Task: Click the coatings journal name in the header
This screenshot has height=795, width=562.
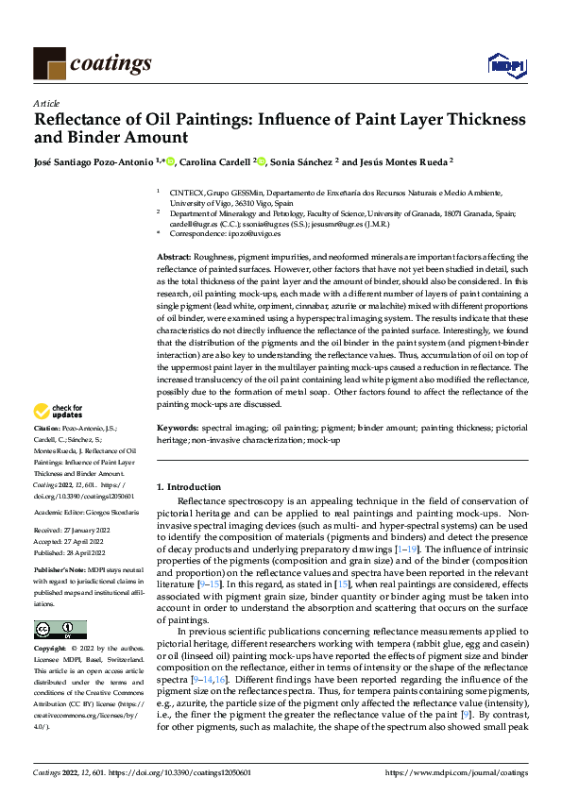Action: (x=110, y=63)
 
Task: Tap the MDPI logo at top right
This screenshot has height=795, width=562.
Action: (x=506, y=64)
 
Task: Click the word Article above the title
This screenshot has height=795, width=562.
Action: (x=46, y=103)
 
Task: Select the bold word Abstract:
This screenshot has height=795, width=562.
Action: (x=175, y=257)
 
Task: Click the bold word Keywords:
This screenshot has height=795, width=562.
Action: (x=178, y=429)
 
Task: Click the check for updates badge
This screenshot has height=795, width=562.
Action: (x=58, y=412)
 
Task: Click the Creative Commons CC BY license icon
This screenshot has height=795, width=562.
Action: (x=60, y=630)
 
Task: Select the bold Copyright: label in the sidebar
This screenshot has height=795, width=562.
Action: (x=51, y=650)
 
